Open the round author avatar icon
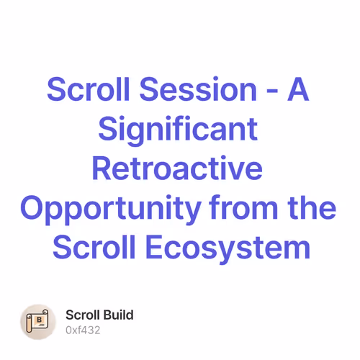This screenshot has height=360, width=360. click(38, 322)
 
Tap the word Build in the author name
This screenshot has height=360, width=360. click(119, 315)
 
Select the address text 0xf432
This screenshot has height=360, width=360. click(83, 330)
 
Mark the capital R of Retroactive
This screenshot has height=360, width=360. click(103, 169)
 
